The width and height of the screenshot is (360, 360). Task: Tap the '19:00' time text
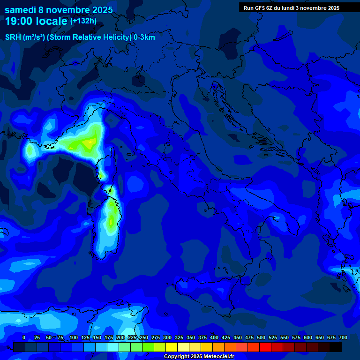pyautogui.click(x=19, y=21)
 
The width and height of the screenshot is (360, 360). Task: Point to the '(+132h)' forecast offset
pyautogui.click(x=83, y=21)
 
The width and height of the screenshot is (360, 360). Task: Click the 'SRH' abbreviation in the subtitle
pyautogui.click(x=13, y=37)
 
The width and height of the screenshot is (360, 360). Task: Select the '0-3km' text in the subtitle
pyautogui.click(x=144, y=37)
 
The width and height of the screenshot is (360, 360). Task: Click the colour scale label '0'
pyautogui.click(x=24, y=337)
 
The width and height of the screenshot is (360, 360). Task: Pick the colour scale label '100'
pyautogui.click(x=74, y=337)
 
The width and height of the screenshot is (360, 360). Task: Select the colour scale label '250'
pyautogui.click(x=144, y=337)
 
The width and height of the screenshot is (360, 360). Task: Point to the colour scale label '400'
pyautogui.click(x=214, y=337)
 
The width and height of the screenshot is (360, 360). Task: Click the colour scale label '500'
pyautogui.click(x=261, y=337)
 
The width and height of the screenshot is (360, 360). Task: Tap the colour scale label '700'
pyautogui.click(x=343, y=337)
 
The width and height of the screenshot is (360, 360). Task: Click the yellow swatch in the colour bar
pyautogui.click(x=172, y=347)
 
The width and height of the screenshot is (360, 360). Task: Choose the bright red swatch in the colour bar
pyautogui.click(x=265, y=347)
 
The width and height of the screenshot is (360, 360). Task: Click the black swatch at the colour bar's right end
pyautogui.click(x=336, y=347)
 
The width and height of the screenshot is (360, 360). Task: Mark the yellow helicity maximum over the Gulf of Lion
pyautogui.click(x=88, y=142)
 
